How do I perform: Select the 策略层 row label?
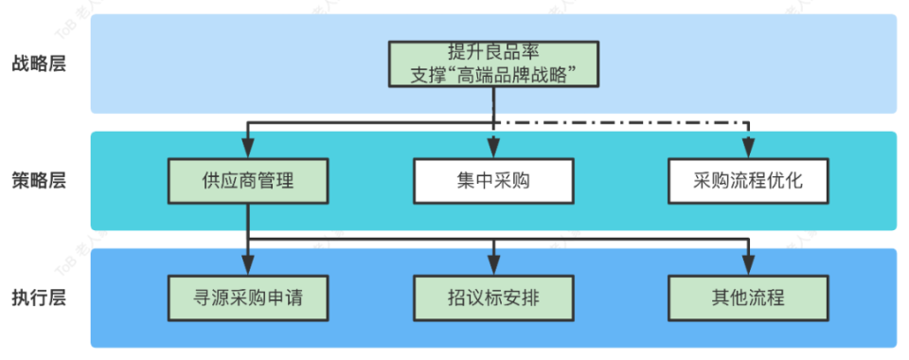[39, 180]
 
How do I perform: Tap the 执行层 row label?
[39, 297]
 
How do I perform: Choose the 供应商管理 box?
[248, 180]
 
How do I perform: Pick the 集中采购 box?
[493, 180]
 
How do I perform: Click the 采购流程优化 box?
[748, 180]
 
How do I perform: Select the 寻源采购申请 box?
[248, 297]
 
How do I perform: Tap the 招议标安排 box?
[493, 297]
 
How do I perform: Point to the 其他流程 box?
[748, 297]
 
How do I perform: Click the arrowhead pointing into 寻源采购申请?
[248, 266]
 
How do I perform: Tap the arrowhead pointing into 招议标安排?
[493, 266]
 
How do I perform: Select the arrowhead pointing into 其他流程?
[748, 266]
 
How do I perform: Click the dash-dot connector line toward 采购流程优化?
[625, 123]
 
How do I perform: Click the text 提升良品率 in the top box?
[493, 51]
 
